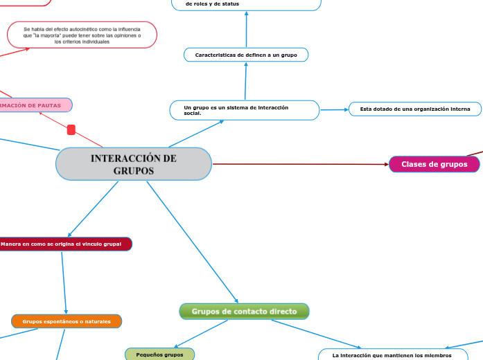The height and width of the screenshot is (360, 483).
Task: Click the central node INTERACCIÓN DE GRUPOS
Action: [133, 164]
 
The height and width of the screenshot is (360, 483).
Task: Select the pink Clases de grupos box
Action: [434, 164]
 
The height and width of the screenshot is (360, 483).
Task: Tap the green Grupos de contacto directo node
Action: [244, 312]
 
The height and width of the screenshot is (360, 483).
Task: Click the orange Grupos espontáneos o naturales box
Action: [67, 321]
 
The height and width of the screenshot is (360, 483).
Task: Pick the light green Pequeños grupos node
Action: [159, 354]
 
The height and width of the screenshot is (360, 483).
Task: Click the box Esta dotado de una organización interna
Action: [415, 109]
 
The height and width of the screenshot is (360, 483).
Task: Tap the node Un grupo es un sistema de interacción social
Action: [244, 110]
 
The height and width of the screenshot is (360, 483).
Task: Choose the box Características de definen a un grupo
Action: [246, 54]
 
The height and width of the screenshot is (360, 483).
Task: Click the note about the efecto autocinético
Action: [82, 35]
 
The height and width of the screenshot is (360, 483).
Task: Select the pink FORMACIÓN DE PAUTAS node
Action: [35, 105]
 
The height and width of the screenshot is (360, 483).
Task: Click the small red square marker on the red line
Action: [71, 129]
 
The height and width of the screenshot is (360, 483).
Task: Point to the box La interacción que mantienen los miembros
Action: [392, 355]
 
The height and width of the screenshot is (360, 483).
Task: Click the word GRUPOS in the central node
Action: [133, 170]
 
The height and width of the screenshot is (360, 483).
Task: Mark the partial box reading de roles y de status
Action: [246, 4]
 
